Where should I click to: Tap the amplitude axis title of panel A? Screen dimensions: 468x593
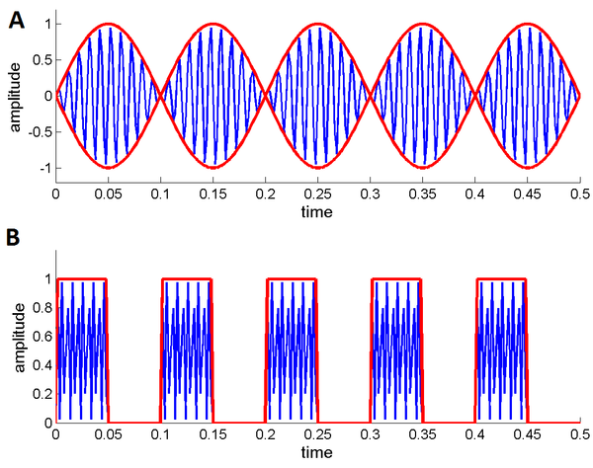[x=14, y=97]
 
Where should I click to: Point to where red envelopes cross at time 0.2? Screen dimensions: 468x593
[x=267, y=96]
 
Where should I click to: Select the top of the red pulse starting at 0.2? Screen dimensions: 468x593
[x=292, y=279]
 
